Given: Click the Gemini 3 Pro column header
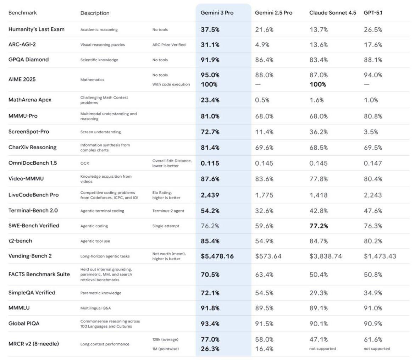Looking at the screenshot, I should [x=217, y=13].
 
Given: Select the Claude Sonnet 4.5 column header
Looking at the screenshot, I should [x=332, y=13].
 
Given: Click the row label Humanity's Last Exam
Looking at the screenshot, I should [x=36, y=29].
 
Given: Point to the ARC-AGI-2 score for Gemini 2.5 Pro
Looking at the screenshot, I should [x=262, y=45].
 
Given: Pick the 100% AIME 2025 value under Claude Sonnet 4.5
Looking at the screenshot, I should [x=317, y=84].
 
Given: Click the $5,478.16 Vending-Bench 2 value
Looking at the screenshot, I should [x=217, y=256].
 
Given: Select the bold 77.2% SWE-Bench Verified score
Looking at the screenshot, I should [x=319, y=226].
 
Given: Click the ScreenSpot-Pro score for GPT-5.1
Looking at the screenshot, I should [x=371, y=132].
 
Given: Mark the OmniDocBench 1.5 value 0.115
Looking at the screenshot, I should [x=210, y=164].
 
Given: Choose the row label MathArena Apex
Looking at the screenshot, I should [x=30, y=100].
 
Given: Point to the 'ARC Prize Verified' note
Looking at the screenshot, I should [x=169, y=45].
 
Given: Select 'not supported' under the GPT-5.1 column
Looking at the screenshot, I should [x=377, y=349].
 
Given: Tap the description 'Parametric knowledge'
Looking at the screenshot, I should [x=101, y=293].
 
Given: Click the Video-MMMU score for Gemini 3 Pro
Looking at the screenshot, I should [x=210, y=179].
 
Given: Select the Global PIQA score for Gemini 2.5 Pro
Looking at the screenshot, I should [x=264, y=324].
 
